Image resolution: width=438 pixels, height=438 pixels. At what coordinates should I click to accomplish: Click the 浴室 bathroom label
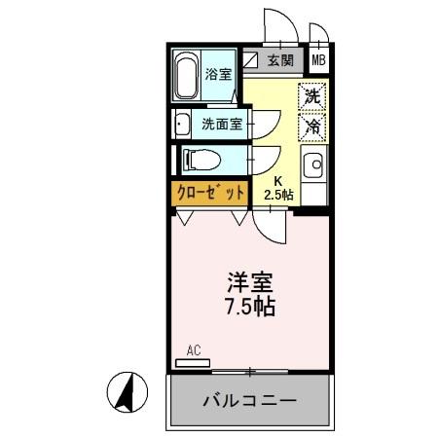click(x=219, y=74)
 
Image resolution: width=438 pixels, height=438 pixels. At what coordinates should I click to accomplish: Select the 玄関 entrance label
click(x=280, y=60)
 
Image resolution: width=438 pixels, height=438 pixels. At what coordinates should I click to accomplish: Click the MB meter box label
click(x=318, y=60)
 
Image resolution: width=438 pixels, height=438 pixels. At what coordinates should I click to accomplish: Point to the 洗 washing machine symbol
click(x=311, y=96)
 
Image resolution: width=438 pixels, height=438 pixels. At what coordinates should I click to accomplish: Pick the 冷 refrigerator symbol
click(x=311, y=126)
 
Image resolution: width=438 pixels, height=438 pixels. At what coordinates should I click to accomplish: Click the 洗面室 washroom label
click(x=221, y=124)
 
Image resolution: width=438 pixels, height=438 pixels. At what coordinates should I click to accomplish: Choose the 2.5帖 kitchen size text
click(x=279, y=196)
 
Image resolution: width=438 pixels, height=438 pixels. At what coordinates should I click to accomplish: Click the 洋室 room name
click(x=250, y=284)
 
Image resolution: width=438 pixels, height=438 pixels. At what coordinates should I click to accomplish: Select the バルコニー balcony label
click(x=249, y=400)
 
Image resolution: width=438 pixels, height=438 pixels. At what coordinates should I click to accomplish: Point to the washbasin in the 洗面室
click(x=182, y=124)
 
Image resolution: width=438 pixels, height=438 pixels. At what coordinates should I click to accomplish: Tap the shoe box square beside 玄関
click(x=251, y=60)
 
